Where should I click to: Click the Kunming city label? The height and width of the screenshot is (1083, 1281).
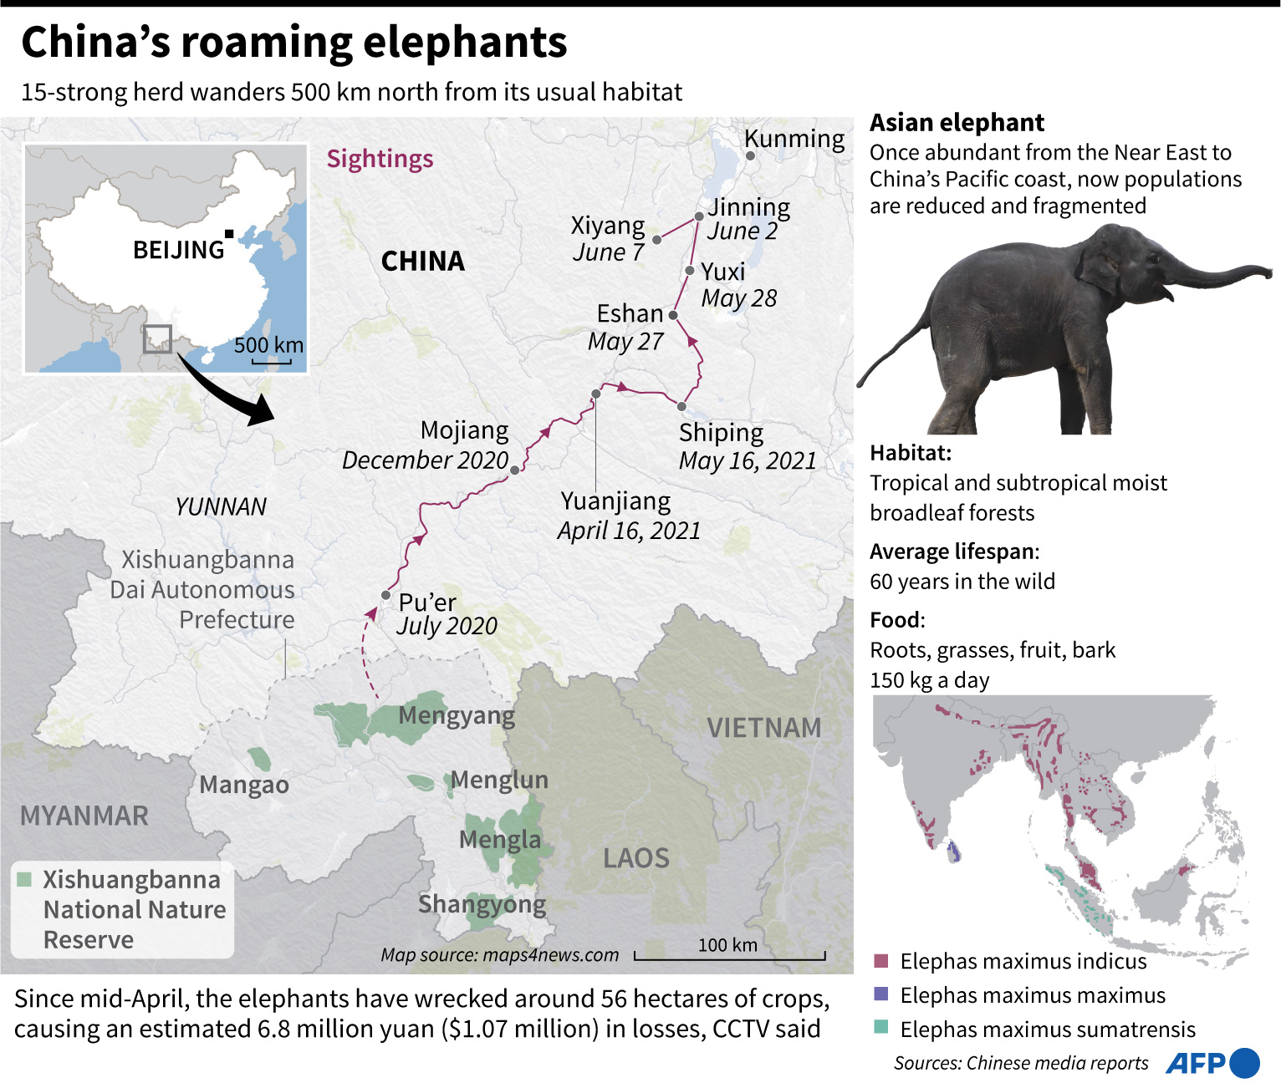click(x=794, y=138)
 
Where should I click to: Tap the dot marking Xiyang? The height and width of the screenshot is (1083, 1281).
click(x=657, y=240)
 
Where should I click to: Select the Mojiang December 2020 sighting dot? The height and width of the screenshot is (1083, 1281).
click(x=515, y=470)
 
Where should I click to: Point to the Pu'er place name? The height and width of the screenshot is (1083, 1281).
click(x=426, y=602)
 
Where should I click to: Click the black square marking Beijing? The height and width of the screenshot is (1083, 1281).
click(x=229, y=234)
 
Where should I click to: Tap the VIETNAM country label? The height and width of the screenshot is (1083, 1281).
click(x=763, y=727)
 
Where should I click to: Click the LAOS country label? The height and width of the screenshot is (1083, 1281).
click(x=636, y=857)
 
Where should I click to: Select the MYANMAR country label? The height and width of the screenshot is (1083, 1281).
click(x=84, y=815)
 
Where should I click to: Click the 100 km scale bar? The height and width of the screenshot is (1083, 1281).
click(x=729, y=956)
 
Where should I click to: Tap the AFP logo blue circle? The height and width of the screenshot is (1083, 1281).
click(x=1245, y=1063)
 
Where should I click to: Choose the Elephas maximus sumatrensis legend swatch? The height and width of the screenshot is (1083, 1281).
click(x=880, y=1027)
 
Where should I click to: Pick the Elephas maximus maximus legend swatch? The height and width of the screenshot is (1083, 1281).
click(x=880, y=994)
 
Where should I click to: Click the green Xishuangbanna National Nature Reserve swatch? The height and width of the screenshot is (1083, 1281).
click(x=24, y=879)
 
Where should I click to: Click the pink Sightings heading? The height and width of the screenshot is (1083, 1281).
click(x=380, y=159)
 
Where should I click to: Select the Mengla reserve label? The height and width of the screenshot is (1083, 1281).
click(x=500, y=839)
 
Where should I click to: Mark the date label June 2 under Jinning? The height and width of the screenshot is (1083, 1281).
click(x=743, y=231)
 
